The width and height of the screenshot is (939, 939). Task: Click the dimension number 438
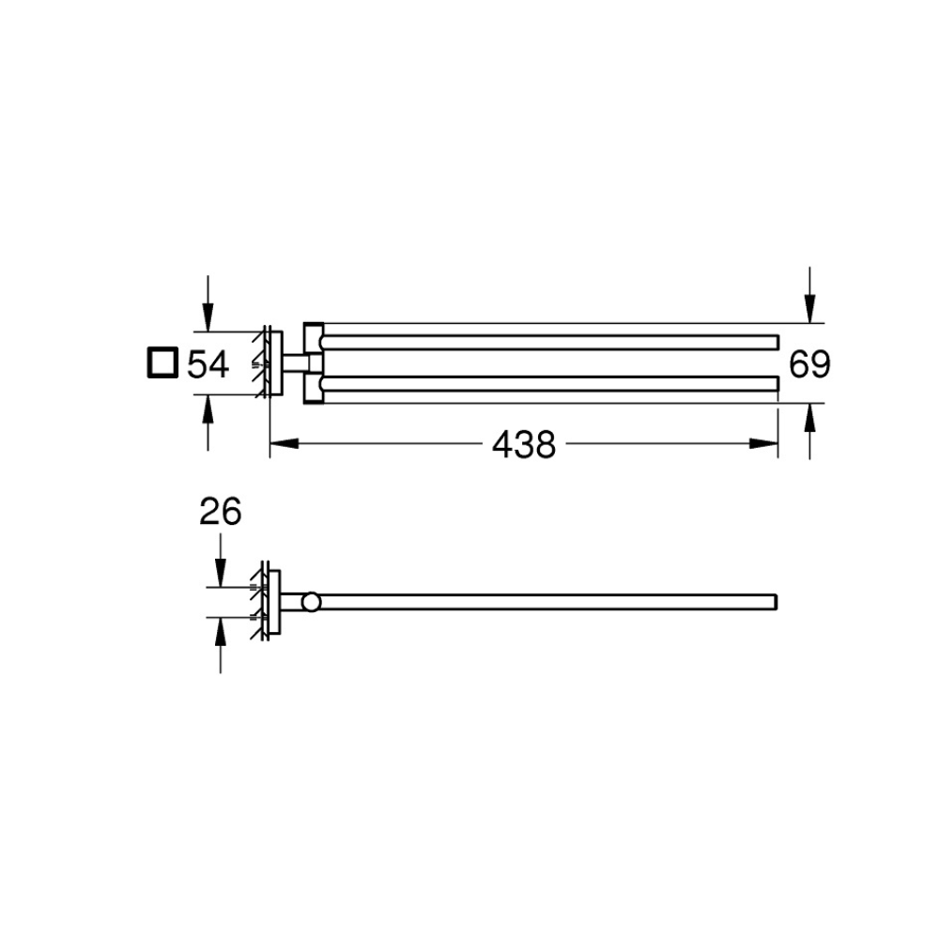[x=524, y=445]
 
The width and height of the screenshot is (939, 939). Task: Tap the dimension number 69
[x=809, y=364]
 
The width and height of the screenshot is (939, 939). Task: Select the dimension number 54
[x=208, y=364]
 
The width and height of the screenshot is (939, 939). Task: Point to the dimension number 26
[x=221, y=512]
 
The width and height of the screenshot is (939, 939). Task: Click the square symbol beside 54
[x=162, y=362]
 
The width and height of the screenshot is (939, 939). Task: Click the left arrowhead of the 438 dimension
[x=285, y=444]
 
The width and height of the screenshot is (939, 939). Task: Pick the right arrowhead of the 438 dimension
[x=763, y=444]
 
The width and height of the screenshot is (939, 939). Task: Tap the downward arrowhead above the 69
[x=809, y=309]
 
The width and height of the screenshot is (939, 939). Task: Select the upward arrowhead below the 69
[x=809, y=418]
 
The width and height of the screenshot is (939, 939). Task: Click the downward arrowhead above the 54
[x=208, y=317]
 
